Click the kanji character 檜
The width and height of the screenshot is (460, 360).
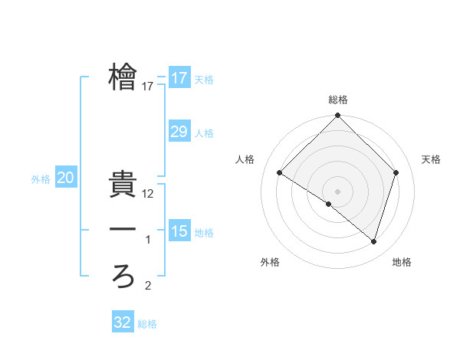[123, 77]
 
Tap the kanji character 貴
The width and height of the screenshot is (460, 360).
[123, 185]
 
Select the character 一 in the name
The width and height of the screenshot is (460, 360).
[123, 230]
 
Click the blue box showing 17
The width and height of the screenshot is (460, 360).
[179, 78]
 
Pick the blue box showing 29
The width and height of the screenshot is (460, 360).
[179, 132]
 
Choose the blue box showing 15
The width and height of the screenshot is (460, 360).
[179, 231]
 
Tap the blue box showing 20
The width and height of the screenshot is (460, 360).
[66, 178]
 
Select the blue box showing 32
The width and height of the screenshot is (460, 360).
[123, 322]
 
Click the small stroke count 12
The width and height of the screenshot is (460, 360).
[149, 195]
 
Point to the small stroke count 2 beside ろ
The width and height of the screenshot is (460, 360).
[149, 286]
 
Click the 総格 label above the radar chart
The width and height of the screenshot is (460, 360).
[338, 100]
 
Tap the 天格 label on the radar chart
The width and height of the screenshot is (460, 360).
[432, 159]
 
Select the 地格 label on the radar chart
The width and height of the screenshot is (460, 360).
[402, 262]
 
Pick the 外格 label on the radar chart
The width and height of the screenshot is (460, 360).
[270, 262]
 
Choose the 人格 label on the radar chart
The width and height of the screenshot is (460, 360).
[245, 159]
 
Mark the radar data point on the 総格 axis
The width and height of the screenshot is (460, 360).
[338, 116]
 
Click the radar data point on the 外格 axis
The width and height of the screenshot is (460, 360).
[329, 205]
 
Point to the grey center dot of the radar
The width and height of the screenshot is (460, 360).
[338, 191]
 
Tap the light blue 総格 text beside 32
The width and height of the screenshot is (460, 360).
[147, 324]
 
